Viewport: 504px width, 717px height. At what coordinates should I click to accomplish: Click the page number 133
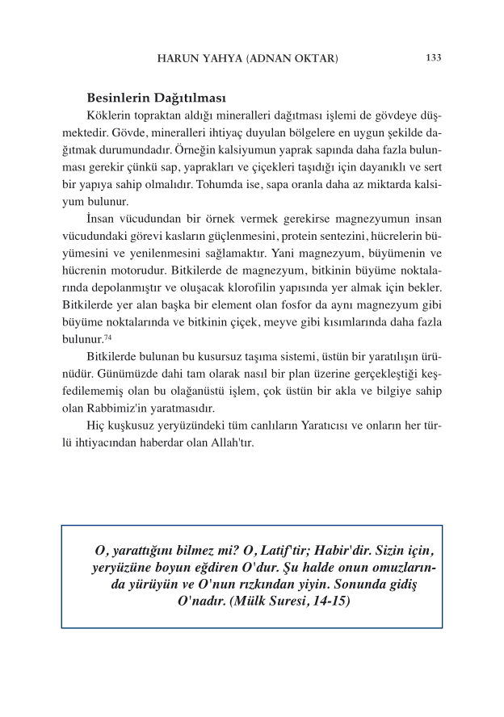coord(432,58)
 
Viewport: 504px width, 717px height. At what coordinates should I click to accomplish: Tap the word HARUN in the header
coord(178,59)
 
